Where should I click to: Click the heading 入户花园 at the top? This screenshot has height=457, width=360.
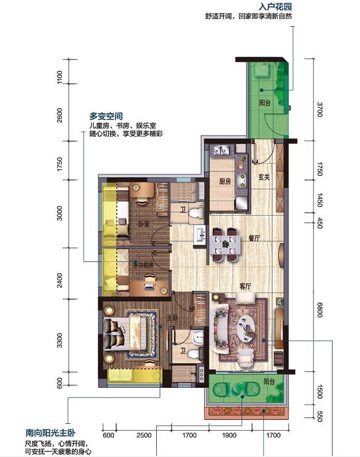275,6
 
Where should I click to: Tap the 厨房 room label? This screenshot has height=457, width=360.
225,181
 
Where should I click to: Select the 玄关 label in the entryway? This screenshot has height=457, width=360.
264,177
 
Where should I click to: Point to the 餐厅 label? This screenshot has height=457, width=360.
254,238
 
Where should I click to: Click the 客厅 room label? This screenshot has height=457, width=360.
245,286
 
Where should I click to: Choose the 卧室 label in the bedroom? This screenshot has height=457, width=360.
144,224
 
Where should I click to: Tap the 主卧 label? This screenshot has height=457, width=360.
172,317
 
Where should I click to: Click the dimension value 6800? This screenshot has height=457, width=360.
319,310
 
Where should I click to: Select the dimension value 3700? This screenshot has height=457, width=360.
319,109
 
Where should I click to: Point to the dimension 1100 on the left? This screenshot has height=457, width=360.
59,77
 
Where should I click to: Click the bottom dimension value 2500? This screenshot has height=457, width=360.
144,435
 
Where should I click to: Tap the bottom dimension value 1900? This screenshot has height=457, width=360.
229,435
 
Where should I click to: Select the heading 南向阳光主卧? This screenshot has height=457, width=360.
50,433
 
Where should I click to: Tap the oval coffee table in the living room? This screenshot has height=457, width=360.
247,328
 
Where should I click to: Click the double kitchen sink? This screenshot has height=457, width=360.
222,150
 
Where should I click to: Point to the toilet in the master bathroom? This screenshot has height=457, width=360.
195,354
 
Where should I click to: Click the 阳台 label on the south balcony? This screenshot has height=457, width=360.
269,382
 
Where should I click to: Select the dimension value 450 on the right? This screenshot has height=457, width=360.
319,222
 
